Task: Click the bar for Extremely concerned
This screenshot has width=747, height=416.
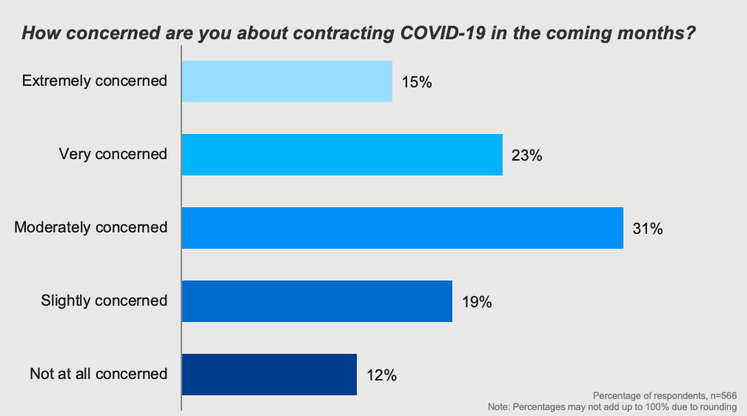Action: [x=287, y=81]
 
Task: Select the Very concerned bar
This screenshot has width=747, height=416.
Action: [x=342, y=155]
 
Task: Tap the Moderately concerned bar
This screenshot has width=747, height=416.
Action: [x=402, y=228]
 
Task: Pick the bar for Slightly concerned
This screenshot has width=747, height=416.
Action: [x=317, y=301]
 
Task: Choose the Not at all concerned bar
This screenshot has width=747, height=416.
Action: [x=269, y=374]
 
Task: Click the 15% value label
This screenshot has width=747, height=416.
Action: [x=417, y=82]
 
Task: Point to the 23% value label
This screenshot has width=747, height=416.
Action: [x=527, y=155]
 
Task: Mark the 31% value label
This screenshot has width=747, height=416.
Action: [x=648, y=228]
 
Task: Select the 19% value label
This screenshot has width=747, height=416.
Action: [x=477, y=301]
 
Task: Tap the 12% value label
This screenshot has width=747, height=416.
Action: [x=381, y=375]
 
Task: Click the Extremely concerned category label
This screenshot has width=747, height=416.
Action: [x=95, y=81]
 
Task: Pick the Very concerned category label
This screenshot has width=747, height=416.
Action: [x=113, y=154]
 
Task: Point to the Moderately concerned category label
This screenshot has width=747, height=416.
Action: [x=91, y=227]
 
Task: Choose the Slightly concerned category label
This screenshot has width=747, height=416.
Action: [x=104, y=300]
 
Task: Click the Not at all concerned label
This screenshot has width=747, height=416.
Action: [x=98, y=373]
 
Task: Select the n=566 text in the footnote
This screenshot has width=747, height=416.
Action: [x=722, y=396]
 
